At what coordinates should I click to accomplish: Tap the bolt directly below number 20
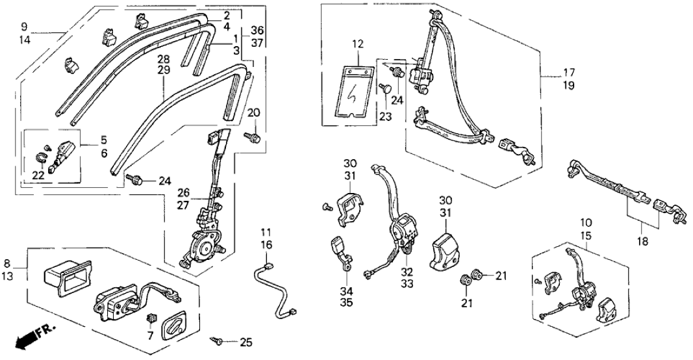[253, 136]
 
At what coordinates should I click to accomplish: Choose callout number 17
[569, 72]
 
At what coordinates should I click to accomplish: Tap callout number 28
[164, 59]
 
